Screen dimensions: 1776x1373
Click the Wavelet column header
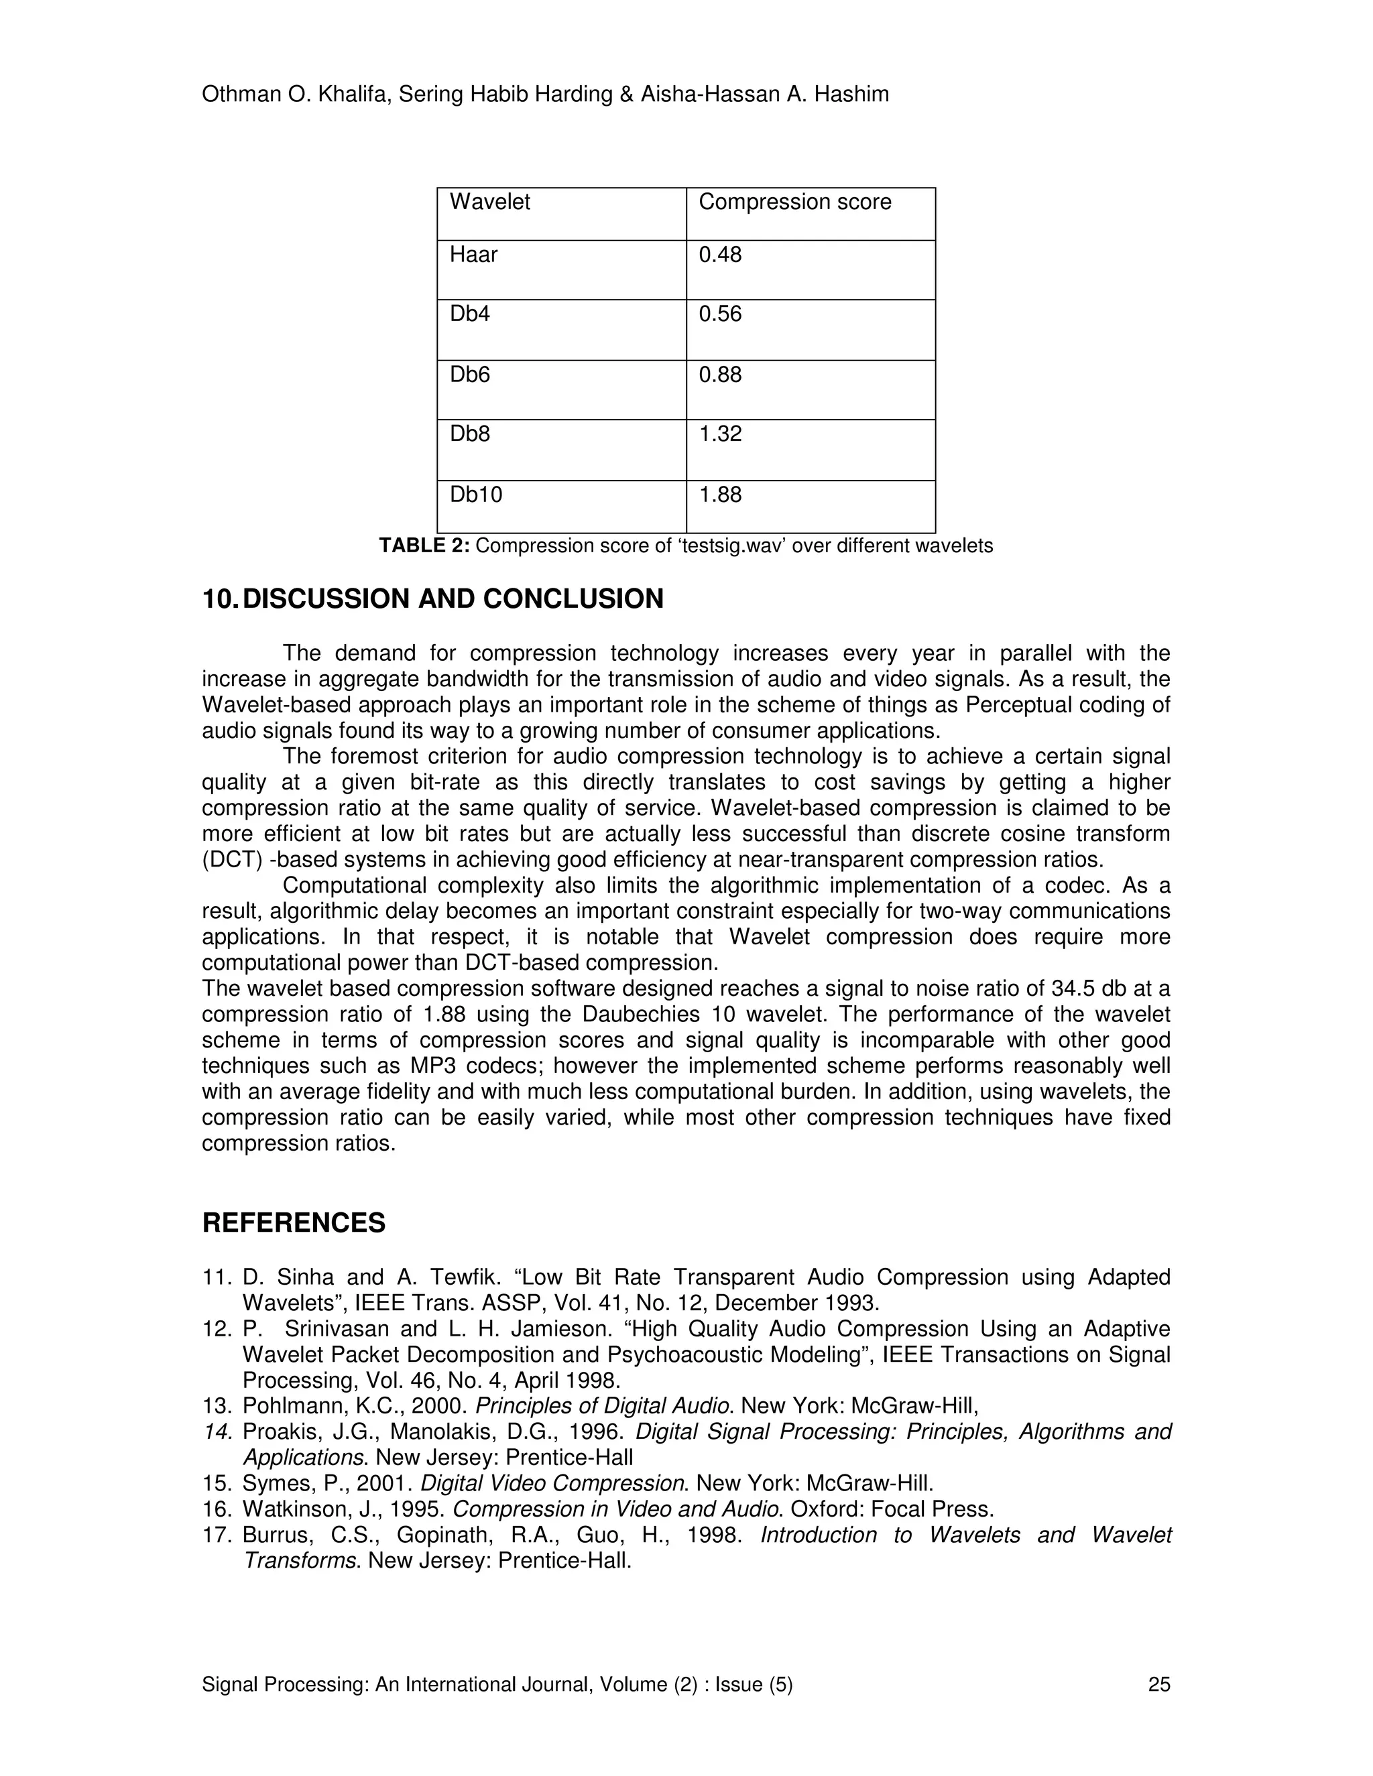pyautogui.click(x=489, y=202)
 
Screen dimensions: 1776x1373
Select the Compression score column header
pyautogui.click(x=794, y=202)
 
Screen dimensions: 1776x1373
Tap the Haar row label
pyautogui.click(x=473, y=255)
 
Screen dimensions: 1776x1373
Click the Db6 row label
pyautogui.click(x=469, y=375)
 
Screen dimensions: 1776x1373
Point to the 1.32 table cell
pyautogui.click(x=720, y=434)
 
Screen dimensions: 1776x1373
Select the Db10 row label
pyautogui.click(x=476, y=495)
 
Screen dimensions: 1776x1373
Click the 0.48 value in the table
pyautogui.click(x=720, y=255)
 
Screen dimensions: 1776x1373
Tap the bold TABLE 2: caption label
pyautogui.click(x=424, y=546)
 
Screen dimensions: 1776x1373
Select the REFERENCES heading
pyautogui.click(x=294, y=1222)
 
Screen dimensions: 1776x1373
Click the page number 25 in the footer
pyautogui.click(x=1159, y=1684)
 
